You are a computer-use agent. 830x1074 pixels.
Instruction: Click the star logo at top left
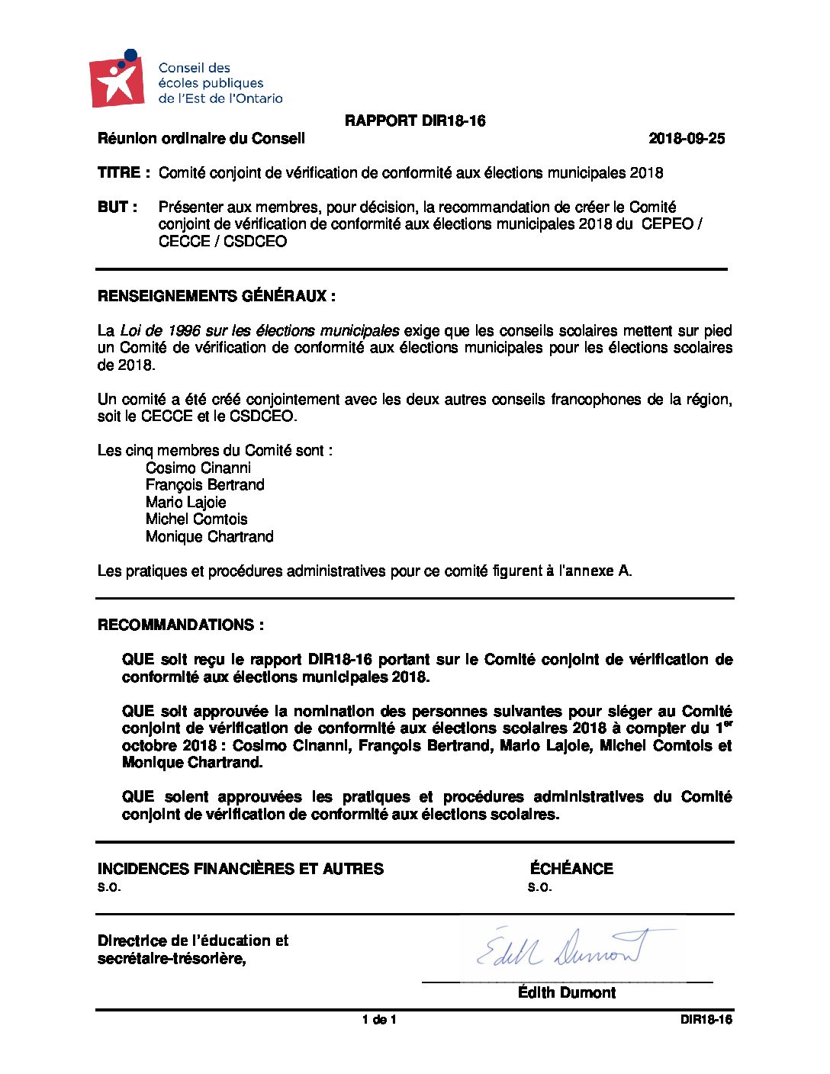[x=117, y=79]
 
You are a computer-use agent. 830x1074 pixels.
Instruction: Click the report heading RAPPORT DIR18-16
[x=415, y=121]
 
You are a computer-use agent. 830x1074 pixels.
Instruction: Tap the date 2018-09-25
[x=687, y=139]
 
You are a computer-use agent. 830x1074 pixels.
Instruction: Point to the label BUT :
[x=117, y=207]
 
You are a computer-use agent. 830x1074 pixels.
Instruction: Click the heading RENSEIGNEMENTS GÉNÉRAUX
[x=216, y=297]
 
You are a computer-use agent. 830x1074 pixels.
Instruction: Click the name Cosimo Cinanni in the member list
[x=198, y=468]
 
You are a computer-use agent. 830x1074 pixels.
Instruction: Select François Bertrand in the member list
[x=205, y=485]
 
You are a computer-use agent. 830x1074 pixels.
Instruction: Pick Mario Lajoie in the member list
[x=186, y=503]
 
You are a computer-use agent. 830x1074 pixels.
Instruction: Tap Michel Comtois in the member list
[x=197, y=519]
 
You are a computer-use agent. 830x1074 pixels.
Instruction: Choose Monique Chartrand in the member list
[x=210, y=537]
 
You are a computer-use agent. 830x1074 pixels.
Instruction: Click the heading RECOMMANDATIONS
[x=181, y=625]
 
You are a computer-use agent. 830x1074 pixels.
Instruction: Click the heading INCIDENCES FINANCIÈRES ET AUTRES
[x=240, y=869]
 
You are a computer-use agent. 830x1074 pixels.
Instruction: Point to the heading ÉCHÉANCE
[x=571, y=869]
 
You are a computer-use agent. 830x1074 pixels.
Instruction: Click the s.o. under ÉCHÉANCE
[x=539, y=887]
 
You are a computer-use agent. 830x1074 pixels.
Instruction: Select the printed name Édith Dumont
[x=567, y=992]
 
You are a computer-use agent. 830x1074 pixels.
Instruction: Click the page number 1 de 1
[x=379, y=1020]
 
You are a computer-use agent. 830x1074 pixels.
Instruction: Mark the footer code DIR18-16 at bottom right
[x=706, y=1020]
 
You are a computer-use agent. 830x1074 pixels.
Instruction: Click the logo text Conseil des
[x=195, y=68]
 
